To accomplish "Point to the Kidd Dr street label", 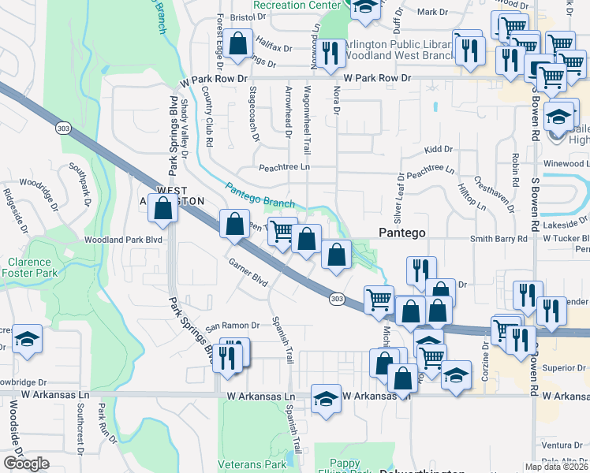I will coord(438,149).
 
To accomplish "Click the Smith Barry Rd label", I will coord(498,237).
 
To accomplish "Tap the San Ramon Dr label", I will coord(233,326).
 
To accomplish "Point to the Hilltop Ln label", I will coord(472,194).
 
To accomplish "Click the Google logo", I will coord(26,464).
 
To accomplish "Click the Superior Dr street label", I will coord(562,367).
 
